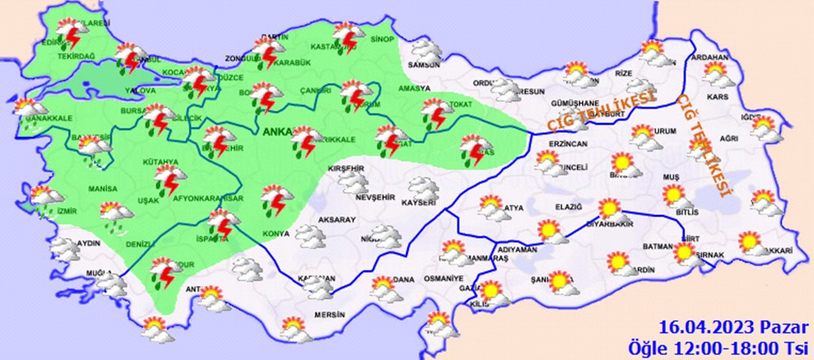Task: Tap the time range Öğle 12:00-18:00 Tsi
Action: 723,346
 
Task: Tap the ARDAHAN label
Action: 707,59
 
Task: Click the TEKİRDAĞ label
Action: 76,55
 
